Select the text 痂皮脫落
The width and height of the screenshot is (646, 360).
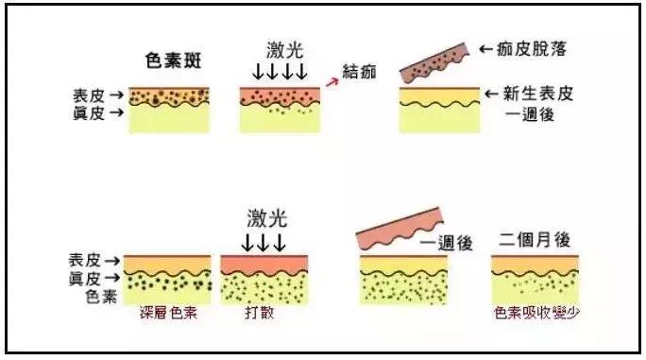(535, 48)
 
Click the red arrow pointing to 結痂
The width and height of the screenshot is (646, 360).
(331, 82)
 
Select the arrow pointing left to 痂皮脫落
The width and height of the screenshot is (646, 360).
(486, 48)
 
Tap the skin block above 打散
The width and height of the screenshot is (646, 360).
(260, 278)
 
